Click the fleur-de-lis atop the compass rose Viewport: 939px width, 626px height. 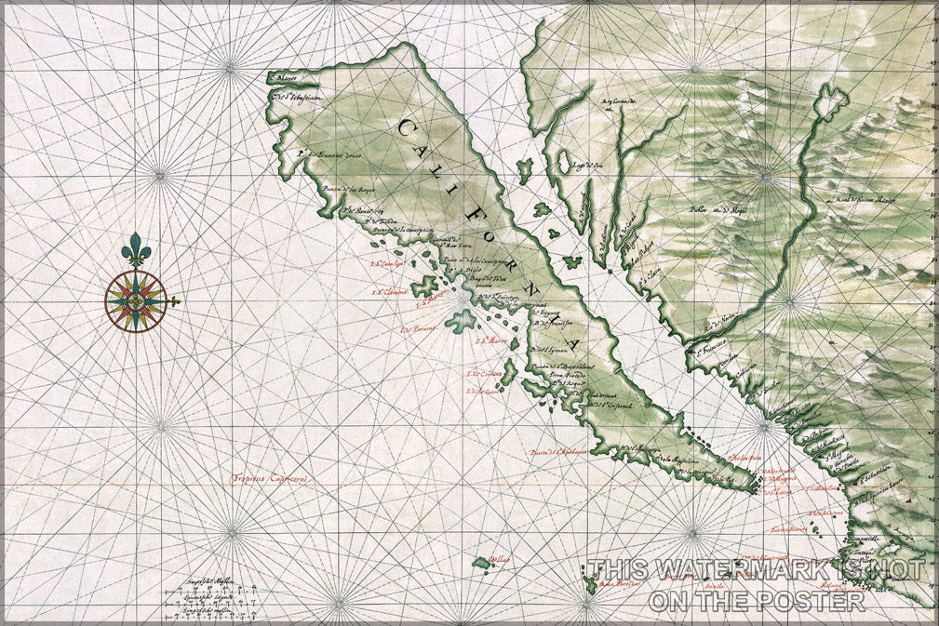click(x=137, y=249)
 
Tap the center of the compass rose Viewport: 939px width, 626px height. click(x=136, y=301)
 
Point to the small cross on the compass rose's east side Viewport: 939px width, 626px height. click(x=174, y=301)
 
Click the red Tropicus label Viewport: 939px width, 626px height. click(x=270, y=479)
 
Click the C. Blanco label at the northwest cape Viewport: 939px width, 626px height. click(x=282, y=79)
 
